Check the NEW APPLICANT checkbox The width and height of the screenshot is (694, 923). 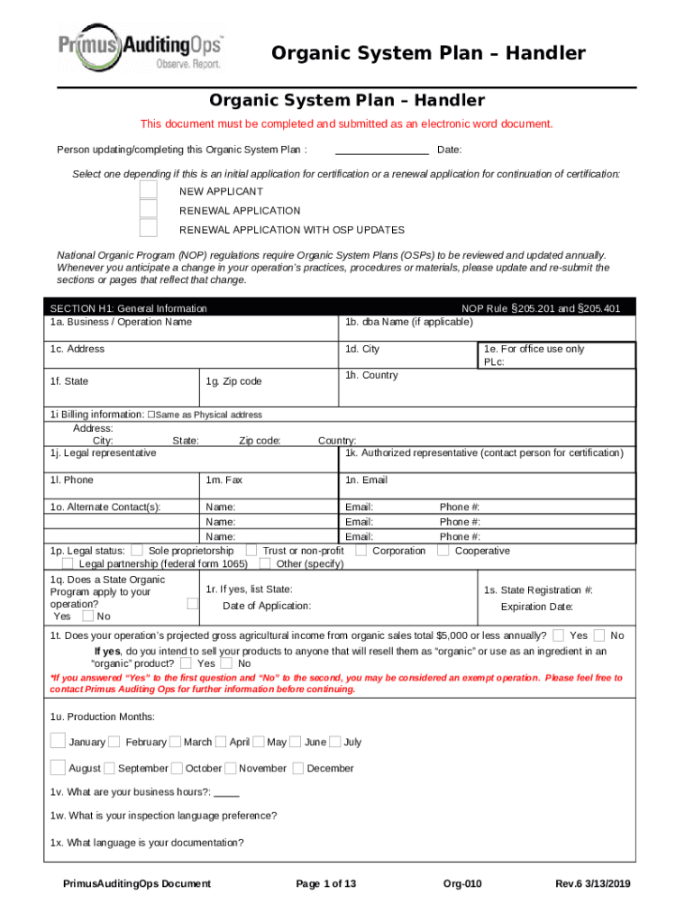coord(149,190)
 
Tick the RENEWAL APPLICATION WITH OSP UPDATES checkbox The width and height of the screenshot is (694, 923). coord(149,229)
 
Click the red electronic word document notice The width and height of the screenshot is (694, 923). coord(346,123)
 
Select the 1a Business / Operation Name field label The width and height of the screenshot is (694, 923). coord(121,322)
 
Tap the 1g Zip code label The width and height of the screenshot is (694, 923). coord(233,381)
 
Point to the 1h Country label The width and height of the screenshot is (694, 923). coord(370,375)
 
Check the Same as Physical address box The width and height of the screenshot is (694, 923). coord(152,415)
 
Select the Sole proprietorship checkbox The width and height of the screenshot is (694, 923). coord(137,550)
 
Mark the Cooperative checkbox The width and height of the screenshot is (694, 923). coord(443,550)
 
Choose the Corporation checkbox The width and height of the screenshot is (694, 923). coord(361,550)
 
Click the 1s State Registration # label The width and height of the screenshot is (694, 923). coord(538,589)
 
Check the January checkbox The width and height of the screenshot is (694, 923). coord(58,742)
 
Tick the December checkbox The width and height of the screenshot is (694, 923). coord(297,769)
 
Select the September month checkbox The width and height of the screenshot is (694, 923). coord(109,769)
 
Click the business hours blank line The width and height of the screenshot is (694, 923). coord(227,793)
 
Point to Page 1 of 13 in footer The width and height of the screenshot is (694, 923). coord(326,883)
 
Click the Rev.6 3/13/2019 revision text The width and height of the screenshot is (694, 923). coord(594,883)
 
